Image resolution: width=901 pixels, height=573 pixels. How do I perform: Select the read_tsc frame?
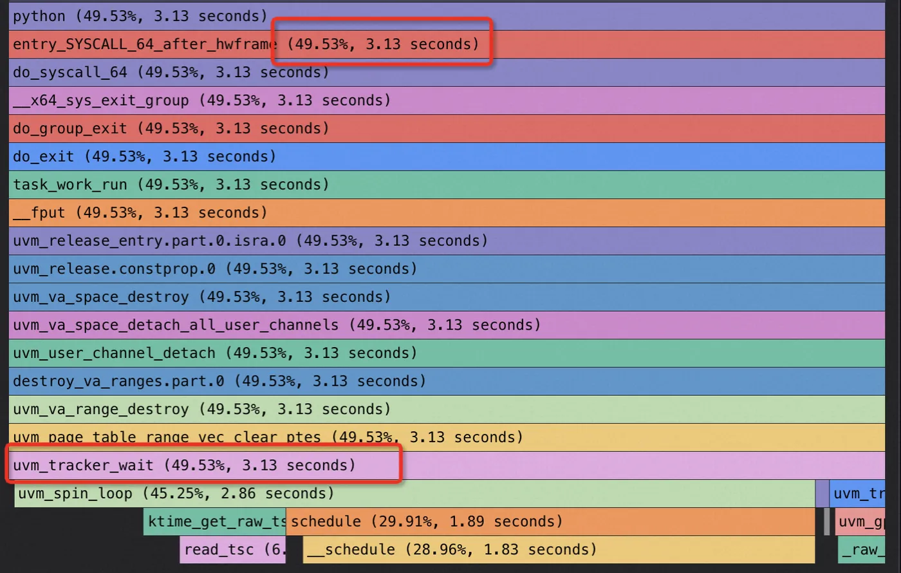tap(232, 550)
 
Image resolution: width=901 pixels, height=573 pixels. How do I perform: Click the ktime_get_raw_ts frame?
tap(215, 521)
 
